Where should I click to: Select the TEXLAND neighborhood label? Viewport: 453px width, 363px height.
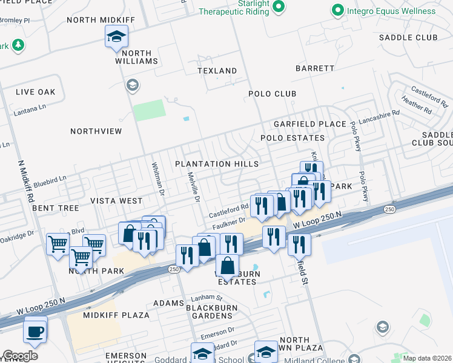(x=217, y=71)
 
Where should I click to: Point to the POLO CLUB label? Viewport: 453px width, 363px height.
(x=272, y=94)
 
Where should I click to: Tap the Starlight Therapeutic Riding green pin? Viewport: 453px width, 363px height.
(x=279, y=7)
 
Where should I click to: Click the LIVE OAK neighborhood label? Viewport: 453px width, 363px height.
(x=36, y=92)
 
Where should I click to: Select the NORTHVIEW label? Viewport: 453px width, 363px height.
(x=96, y=131)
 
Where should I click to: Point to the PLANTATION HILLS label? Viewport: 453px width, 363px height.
(x=217, y=164)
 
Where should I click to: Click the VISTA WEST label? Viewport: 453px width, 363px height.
(x=116, y=200)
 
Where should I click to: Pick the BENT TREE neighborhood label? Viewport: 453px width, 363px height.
(x=56, y=208)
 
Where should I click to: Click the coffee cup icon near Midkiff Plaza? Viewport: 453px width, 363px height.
(x=36, y=330)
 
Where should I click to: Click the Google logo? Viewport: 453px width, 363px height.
(x=20, y=356)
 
